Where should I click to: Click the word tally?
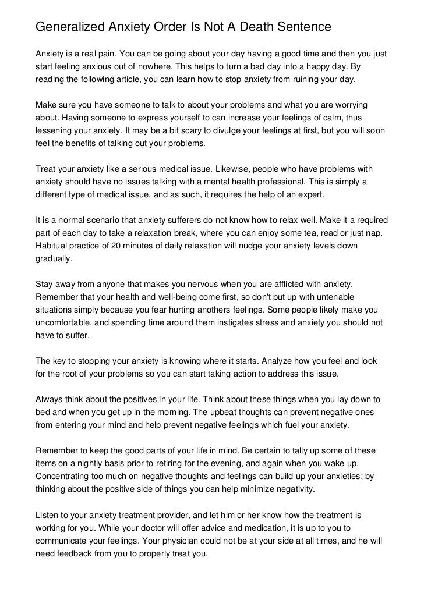(x=282, y=451)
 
